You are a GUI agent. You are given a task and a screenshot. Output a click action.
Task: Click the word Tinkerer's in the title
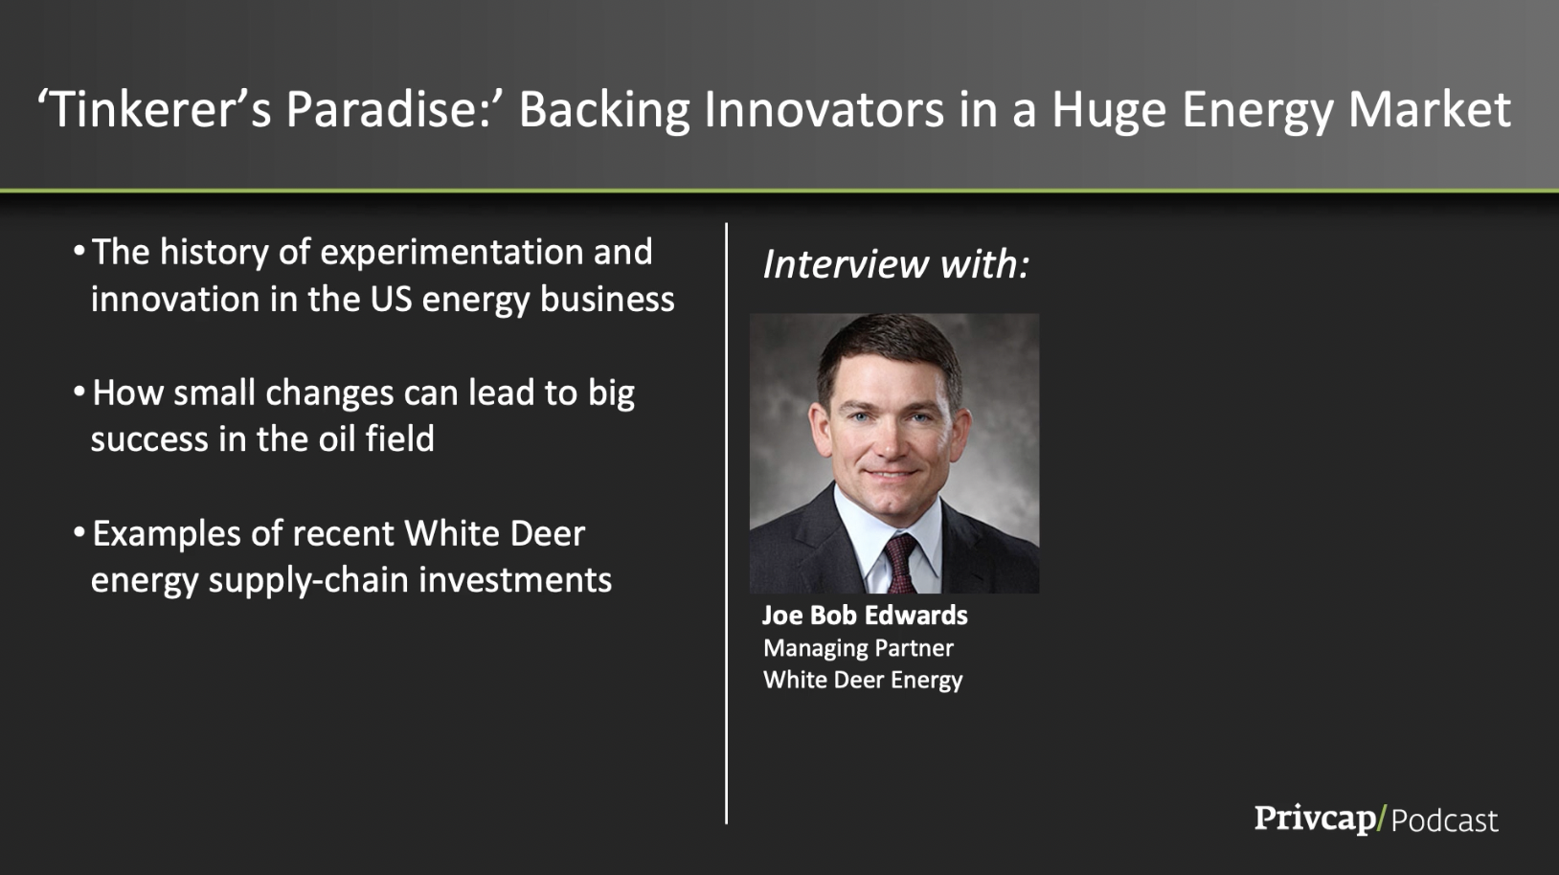pos(154,109)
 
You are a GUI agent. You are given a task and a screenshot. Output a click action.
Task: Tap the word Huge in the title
pos(1109,111)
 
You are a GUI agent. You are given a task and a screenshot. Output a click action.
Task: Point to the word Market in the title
pos(1430,109)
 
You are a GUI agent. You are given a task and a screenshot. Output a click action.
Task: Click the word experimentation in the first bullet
pos(451,253)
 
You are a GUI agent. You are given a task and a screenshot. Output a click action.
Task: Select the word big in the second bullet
pos(611,394)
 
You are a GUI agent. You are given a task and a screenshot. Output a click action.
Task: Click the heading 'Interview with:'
pos(895,264)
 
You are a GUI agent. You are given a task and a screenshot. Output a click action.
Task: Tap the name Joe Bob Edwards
pos(865,615)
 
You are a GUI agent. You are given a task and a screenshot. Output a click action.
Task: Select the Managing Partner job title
pos(857,648)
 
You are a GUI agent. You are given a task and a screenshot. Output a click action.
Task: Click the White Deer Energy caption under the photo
pos(862,680)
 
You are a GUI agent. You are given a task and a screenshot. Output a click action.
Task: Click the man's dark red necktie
pos(900,564)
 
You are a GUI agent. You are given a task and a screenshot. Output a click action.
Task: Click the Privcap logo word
pos(1314,819)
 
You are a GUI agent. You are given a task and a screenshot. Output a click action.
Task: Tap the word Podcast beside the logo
pos(1444,820)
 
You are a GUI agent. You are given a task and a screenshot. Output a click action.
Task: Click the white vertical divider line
pos(726,524)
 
